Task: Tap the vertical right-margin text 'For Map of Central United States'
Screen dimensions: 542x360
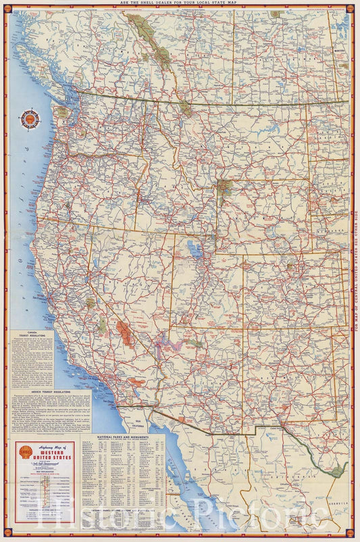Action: coord(354,270)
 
